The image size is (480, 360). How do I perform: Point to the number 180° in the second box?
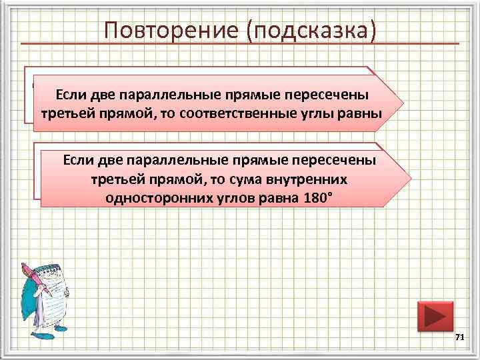[x=316, y=199]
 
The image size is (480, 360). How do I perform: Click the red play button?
[x=435, y=315]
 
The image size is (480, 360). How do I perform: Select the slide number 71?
[x=459, y=339]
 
